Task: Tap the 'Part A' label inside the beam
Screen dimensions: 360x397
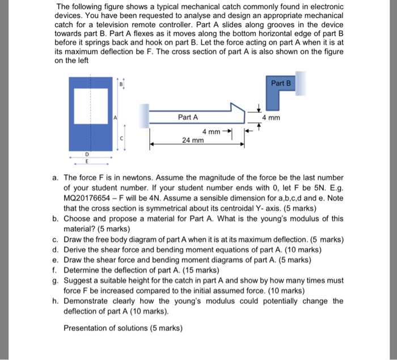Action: [x=188, y=117]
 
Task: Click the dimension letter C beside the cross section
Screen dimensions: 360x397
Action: [x=120, y=139]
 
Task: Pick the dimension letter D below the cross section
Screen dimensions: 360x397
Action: [x=87, y=154]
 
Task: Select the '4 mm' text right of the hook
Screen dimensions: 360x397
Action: [x=273, y=118]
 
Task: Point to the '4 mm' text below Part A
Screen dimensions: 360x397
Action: [x=213, y=132]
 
